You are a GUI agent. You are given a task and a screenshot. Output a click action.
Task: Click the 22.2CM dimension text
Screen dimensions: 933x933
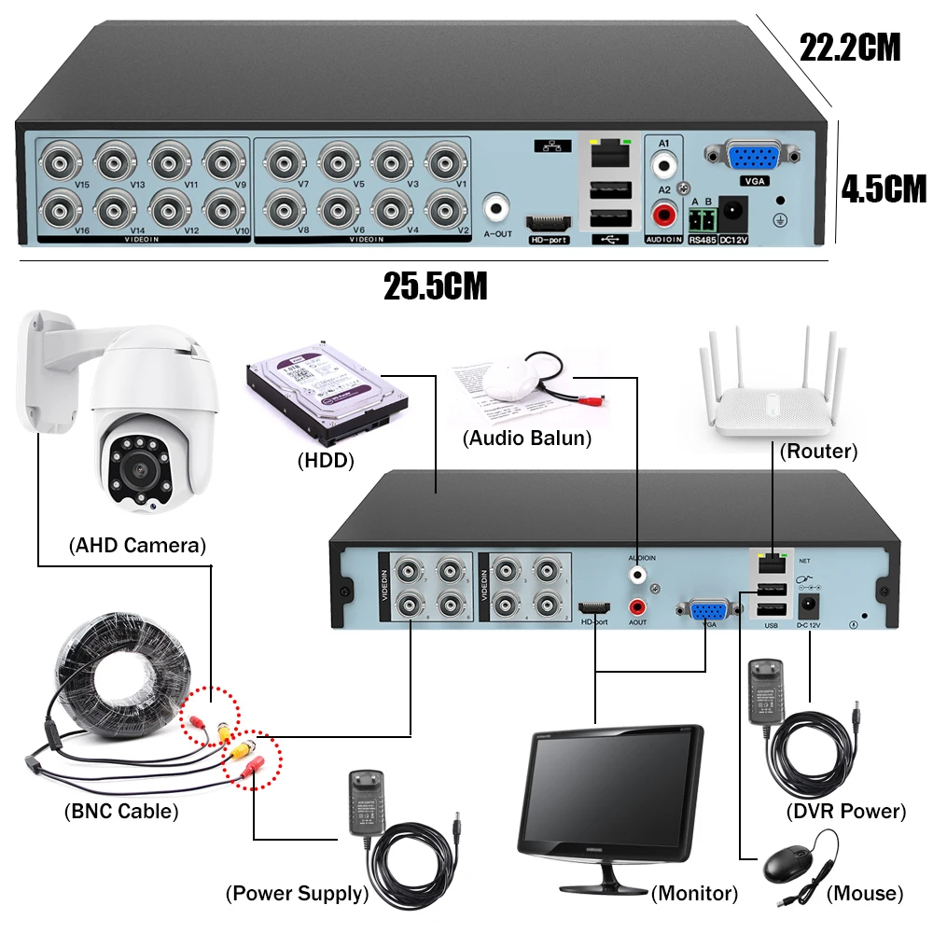(850, 48)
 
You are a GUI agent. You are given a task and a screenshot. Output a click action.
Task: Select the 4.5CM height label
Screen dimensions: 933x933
(883, 189)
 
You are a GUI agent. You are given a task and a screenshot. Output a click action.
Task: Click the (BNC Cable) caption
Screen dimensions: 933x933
(120, 811)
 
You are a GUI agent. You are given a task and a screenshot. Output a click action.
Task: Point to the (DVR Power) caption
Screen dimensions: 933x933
(845, 811)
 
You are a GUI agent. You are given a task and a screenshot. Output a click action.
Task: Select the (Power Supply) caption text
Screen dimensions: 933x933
(297, 894)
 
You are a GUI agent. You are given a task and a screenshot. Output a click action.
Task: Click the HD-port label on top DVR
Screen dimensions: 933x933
(549, 240)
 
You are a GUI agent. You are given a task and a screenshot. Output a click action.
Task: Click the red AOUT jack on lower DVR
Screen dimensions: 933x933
(637, 606)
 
